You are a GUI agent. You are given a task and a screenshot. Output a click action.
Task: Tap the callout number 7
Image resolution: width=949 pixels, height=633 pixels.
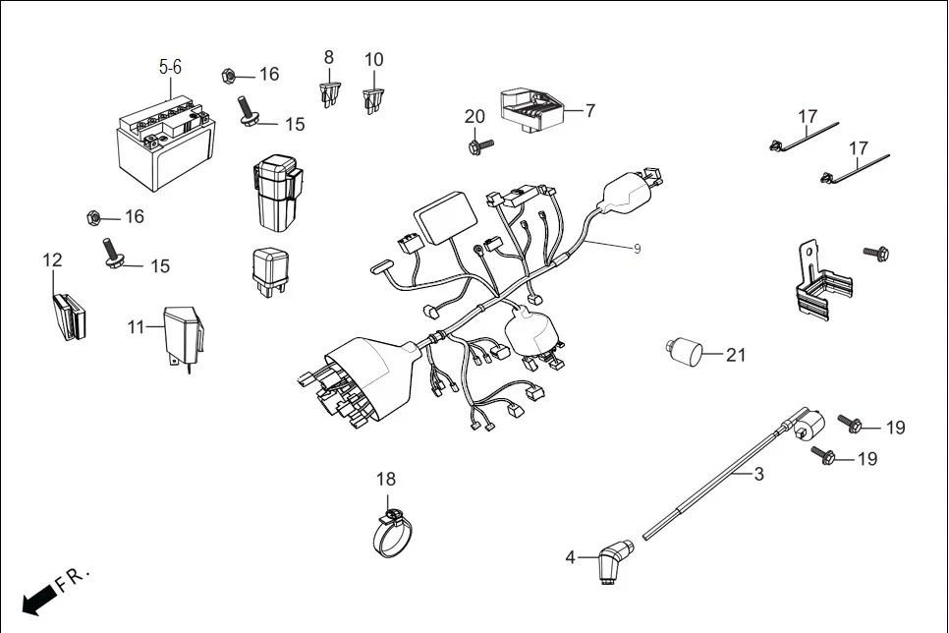point(590,111)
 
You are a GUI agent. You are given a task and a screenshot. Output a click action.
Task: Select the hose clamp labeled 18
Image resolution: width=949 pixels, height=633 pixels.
point(393,535)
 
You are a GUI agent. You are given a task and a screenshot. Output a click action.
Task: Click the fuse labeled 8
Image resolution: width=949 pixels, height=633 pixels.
point(329,94)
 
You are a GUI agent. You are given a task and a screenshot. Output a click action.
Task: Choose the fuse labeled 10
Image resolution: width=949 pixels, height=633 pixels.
point(372,98)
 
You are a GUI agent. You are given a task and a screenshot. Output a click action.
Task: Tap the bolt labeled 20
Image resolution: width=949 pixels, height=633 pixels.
point(480,146)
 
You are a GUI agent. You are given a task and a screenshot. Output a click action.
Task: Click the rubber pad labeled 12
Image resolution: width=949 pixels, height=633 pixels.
point(68,315)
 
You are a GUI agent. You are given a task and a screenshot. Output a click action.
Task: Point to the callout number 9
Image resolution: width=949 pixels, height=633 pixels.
point(637,249)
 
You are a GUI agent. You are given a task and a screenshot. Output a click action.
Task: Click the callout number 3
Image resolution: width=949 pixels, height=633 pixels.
point(758,474)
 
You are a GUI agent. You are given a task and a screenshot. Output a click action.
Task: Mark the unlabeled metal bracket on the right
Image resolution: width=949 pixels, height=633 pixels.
point(818,285)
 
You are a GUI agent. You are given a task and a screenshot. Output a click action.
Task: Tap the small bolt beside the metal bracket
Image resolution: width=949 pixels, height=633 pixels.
point(876,254)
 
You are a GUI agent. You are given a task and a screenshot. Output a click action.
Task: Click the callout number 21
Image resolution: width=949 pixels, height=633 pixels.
point(736,355)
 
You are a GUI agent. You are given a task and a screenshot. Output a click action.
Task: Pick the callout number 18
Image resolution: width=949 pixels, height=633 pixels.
point(386,479)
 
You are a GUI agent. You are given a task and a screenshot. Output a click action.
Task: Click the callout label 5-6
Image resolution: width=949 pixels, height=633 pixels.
point(170,67)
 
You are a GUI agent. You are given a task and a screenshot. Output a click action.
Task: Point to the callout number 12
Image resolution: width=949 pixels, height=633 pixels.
point(52,260)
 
